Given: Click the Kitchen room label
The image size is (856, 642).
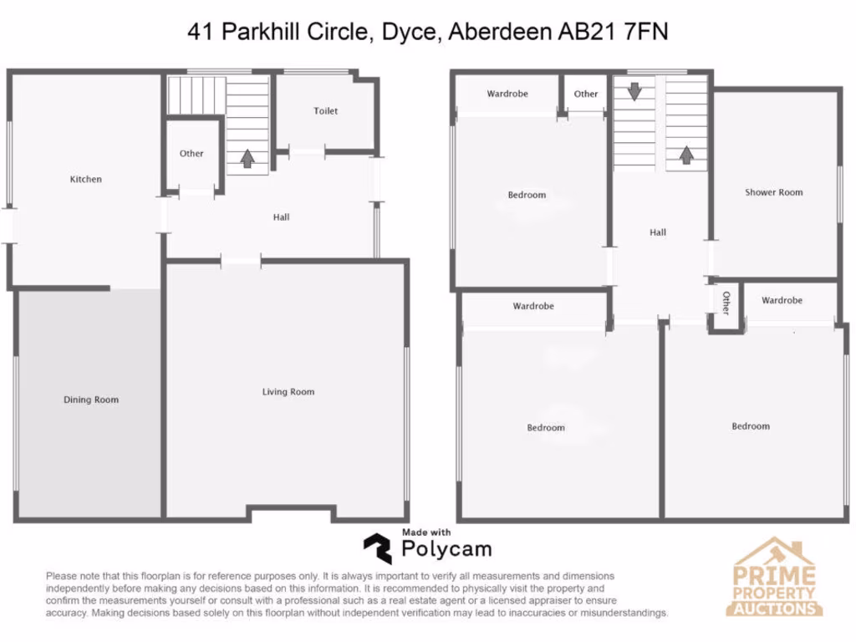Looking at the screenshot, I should tap(86, 179).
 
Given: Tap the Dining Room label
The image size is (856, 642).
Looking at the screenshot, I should tap(91, 400).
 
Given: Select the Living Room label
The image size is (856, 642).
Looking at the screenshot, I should tap(288, 391).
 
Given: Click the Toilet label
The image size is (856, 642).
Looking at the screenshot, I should tap(326, 110).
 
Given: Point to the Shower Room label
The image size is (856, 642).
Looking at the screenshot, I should tap(773, 192).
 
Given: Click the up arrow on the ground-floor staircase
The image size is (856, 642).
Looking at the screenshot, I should tap(247, 158).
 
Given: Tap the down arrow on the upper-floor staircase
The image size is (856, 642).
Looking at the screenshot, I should tap(634, 91).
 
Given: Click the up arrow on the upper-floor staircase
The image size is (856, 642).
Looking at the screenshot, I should tap(686, 154).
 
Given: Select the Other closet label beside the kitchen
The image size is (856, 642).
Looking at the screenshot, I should tap(191, 153).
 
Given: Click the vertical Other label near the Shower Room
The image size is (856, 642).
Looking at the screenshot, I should tap(726, 303).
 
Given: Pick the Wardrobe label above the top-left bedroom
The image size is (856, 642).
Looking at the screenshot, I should tap(507, 94).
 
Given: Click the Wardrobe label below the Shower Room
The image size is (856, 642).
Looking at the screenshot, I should tap(782, 300).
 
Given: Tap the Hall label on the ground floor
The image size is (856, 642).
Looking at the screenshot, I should tap(281, 217).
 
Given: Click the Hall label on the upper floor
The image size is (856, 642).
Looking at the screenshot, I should tap(658, 232).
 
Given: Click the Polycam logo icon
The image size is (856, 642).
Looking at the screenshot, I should tap(377, 548).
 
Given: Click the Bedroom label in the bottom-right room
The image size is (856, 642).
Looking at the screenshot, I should tap(751, 426).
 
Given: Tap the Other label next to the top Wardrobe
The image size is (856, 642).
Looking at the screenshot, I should tap(586, 94).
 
